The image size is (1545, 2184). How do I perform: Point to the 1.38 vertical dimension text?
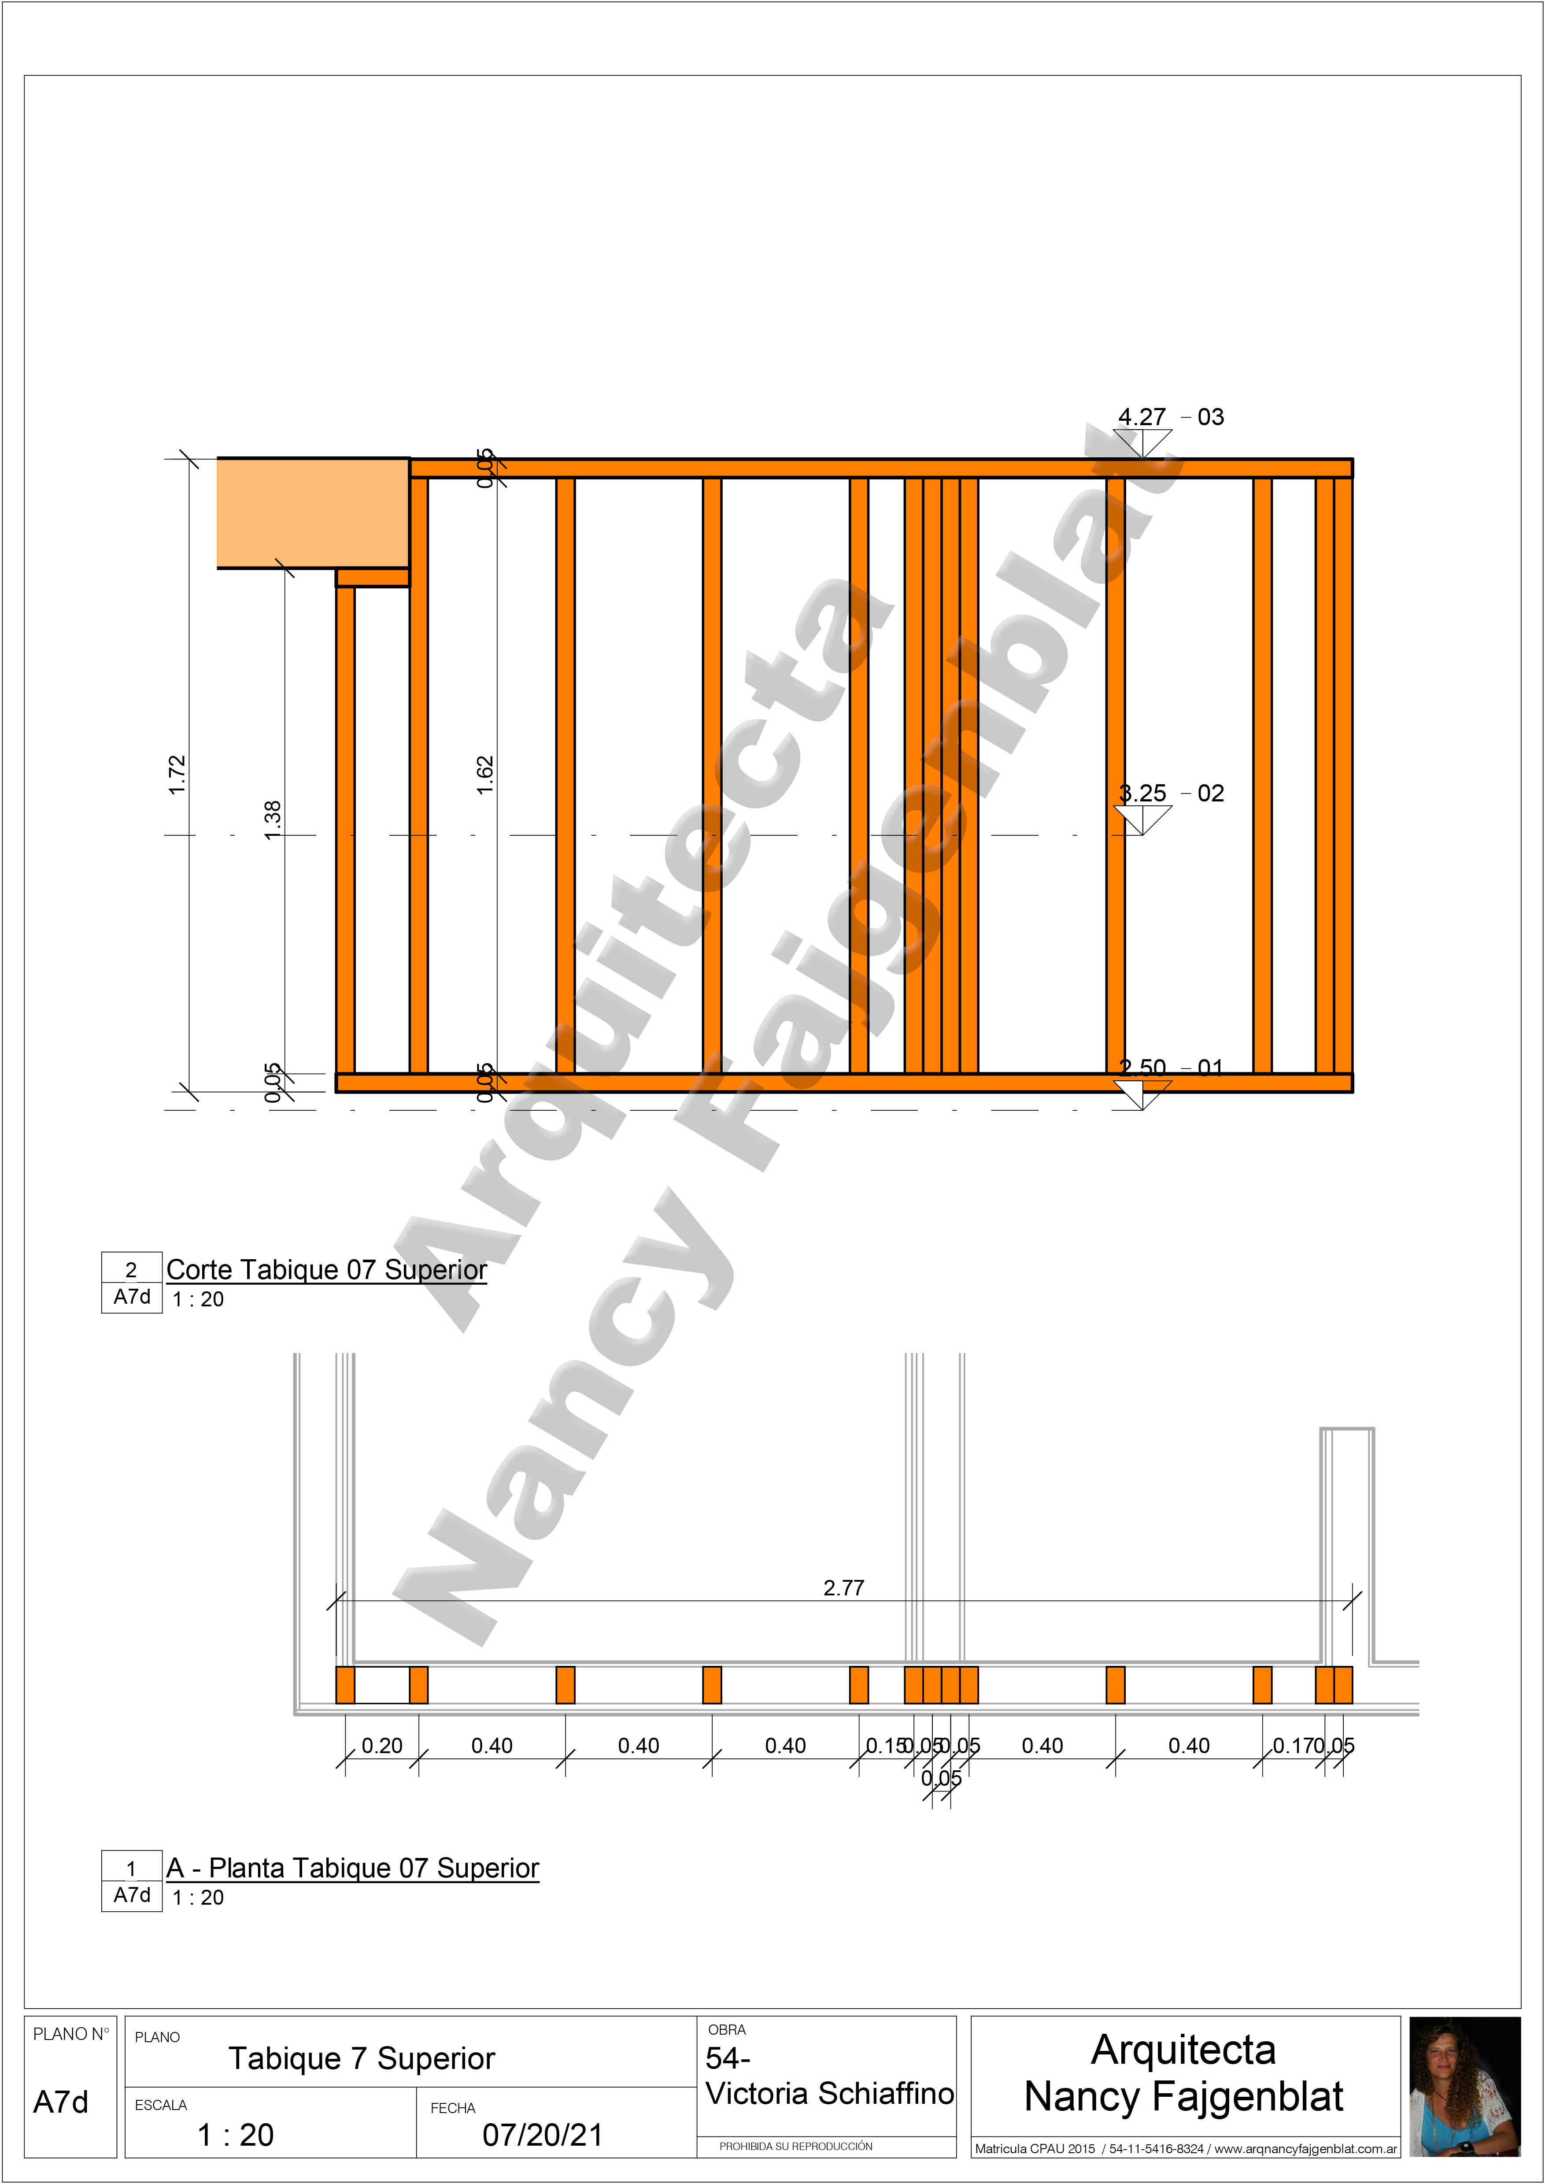[273, 820]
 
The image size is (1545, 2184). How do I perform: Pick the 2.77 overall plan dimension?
[844, 1588]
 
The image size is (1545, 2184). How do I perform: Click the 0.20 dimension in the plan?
[381, 1746]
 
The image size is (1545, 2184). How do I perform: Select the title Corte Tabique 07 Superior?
[326, 1270]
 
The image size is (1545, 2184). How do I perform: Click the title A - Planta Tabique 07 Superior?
[352, 1869]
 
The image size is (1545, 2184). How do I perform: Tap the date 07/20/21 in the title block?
[542, 2136]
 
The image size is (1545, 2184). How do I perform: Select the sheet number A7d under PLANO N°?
[61, 2102]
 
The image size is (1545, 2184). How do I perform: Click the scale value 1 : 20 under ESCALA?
[235, 2136]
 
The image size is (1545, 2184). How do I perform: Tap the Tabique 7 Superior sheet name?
[362, 2059]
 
